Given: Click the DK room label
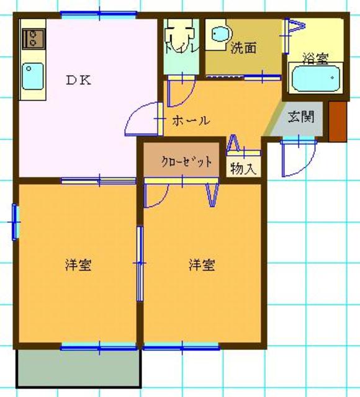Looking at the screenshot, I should (x=79, y=79).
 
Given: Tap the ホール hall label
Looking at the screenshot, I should (x=191, y=120).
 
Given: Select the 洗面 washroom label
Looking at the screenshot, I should (x=243, y=48).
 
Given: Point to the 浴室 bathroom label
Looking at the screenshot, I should (x=315, y=58).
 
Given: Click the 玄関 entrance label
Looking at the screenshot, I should (x=300, y=117).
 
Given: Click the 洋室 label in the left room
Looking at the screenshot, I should (x=79, y=265).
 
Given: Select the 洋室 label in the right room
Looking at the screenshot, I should (x=202, y=265).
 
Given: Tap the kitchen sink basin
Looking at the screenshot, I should (x=32, y=77).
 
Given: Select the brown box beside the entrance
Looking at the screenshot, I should (x=336, y=120).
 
